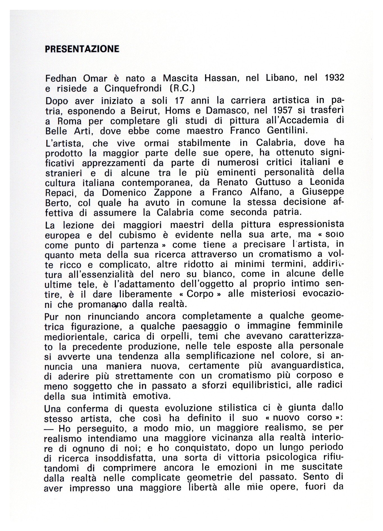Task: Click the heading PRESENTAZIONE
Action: pos(82,49)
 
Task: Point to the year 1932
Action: pos(334,78)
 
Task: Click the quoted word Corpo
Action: pos(200,294)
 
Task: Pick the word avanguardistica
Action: pos(307,366)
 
